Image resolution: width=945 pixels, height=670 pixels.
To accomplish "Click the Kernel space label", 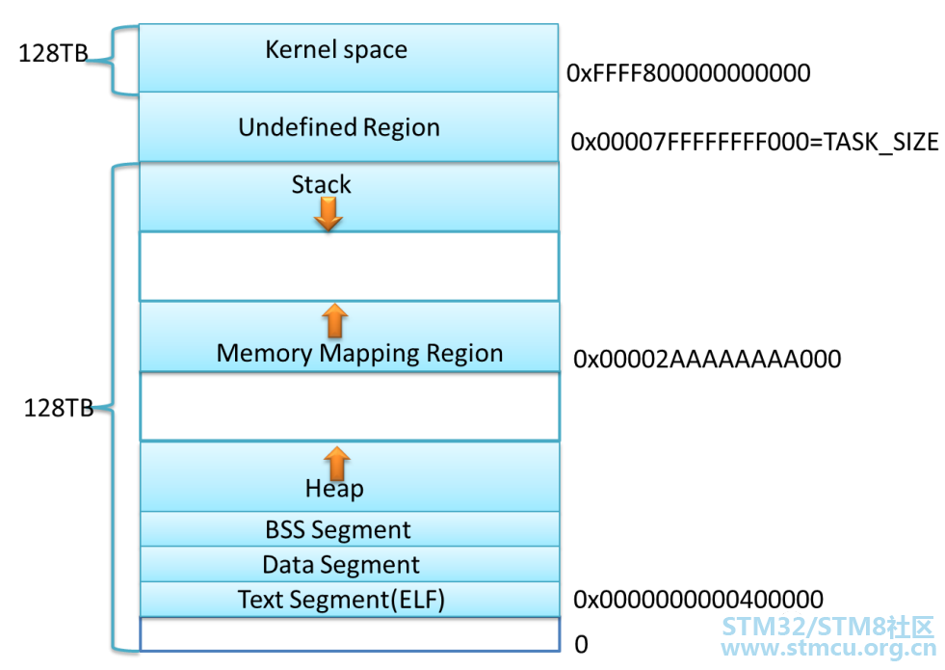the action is pyautogui.click(x=336, y=50).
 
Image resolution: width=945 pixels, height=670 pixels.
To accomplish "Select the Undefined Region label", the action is pyautogui.click(x=339, y=128).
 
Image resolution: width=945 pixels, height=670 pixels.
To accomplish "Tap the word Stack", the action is pyautogui.click(x=321, y=184).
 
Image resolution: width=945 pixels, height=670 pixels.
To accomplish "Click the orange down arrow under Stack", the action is pyautogui.click(x=328, y=214).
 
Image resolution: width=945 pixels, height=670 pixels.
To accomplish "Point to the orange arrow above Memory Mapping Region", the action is pyautogui.click(x=334, y=320).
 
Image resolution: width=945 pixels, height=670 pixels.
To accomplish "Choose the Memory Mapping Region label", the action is pyautogui.click(x=360, y=354).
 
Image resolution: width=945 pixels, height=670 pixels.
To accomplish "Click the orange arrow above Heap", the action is pyautogui.click(x=337, y=463).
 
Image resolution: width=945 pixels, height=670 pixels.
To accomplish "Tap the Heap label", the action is pyautogui.click(x=334, y=489).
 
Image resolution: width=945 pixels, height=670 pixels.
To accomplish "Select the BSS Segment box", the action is pyautogui.click(x=350, y=529).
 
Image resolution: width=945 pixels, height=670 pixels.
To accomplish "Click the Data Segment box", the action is pyautogui.click(x=350, y=565).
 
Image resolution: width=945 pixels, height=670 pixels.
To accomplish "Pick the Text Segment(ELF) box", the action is pyautogui.click(x=350, y=600).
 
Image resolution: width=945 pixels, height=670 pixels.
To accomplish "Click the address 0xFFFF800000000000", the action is pyautogui.click(x=688, y=73).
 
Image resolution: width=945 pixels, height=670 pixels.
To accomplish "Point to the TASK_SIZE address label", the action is pyautogui.click(x=754, y=143).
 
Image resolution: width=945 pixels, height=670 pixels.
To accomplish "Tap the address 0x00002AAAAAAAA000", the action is pyautogui.click(x=707, y=359).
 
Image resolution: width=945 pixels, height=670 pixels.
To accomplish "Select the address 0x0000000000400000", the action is pyautogui.click(x=698, y=600).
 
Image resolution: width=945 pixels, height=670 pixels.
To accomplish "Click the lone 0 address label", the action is pyautogui.click(x=582, y=645).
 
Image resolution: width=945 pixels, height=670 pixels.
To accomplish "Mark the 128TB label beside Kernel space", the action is pyautogui.click(x=53, y=53).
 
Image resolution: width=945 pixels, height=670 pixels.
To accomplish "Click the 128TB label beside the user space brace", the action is pyautogui.click(x=59, y=409).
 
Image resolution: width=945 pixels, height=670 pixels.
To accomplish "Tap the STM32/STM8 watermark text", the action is pyautogui.click(x=827, y=628).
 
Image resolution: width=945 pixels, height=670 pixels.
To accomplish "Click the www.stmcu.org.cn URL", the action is pyautogui.click(x=828, y=648).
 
